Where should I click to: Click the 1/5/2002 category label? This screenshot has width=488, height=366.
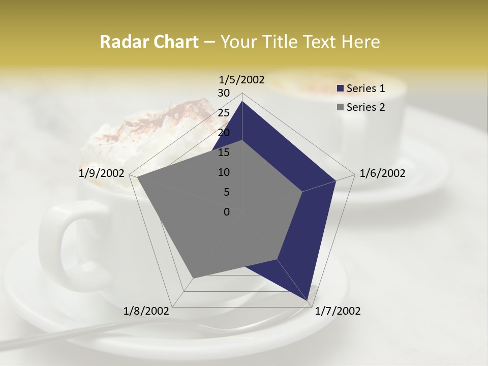point(242,79)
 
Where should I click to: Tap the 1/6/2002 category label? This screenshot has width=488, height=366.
point(382,173)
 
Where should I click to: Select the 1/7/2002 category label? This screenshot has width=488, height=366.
point(338,311)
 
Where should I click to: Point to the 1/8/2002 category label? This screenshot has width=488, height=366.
point(146,311)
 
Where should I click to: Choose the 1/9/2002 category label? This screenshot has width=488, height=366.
point(102,173)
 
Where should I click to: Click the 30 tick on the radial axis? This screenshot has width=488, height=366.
point(224,93)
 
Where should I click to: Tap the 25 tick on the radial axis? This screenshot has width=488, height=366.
point(224,113)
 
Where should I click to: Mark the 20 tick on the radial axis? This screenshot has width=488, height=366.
point(224,133)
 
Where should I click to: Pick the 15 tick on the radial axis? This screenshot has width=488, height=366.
point(224,152)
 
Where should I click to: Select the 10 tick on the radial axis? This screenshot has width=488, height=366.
point(224,172)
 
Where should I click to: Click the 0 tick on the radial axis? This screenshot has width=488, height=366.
point(227,212)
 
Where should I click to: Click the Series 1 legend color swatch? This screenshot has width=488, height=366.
point(341,88)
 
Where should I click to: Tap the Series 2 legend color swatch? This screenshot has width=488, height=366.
point(341,107)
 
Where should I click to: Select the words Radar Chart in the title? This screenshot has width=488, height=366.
point(149,42)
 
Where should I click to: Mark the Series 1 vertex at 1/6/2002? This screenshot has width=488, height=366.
point(335,180)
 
